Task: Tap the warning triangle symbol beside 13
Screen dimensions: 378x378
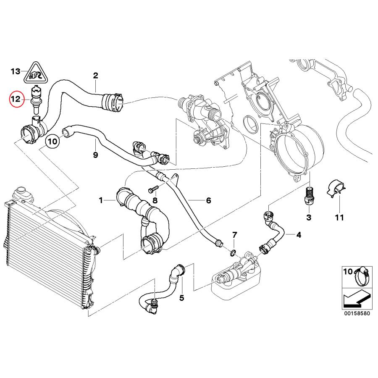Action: [x=35, y=73]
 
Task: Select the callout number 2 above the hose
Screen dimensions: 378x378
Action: [x=95, y=76]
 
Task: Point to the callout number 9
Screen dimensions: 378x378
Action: [x=95, y=155]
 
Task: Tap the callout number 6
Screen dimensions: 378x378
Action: [x=208, y=201]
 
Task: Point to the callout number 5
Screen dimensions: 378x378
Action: [x=181, y=298]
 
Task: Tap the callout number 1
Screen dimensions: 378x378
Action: [x=101, y=201]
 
